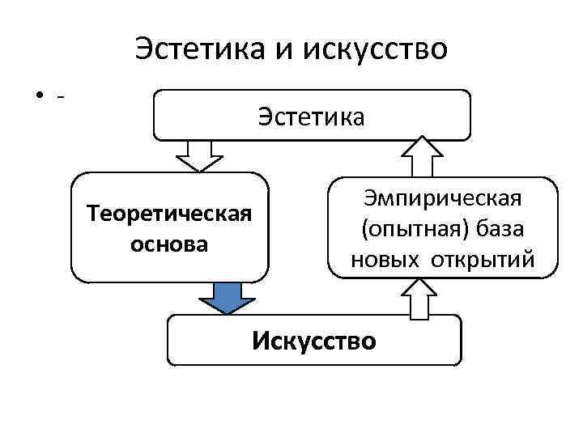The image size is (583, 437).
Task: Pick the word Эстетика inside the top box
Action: coord(312,117)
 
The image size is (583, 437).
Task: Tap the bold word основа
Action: coord(169,244)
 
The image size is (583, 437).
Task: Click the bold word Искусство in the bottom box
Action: coord(314,341)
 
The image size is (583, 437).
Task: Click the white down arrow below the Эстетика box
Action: coord(199,155)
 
